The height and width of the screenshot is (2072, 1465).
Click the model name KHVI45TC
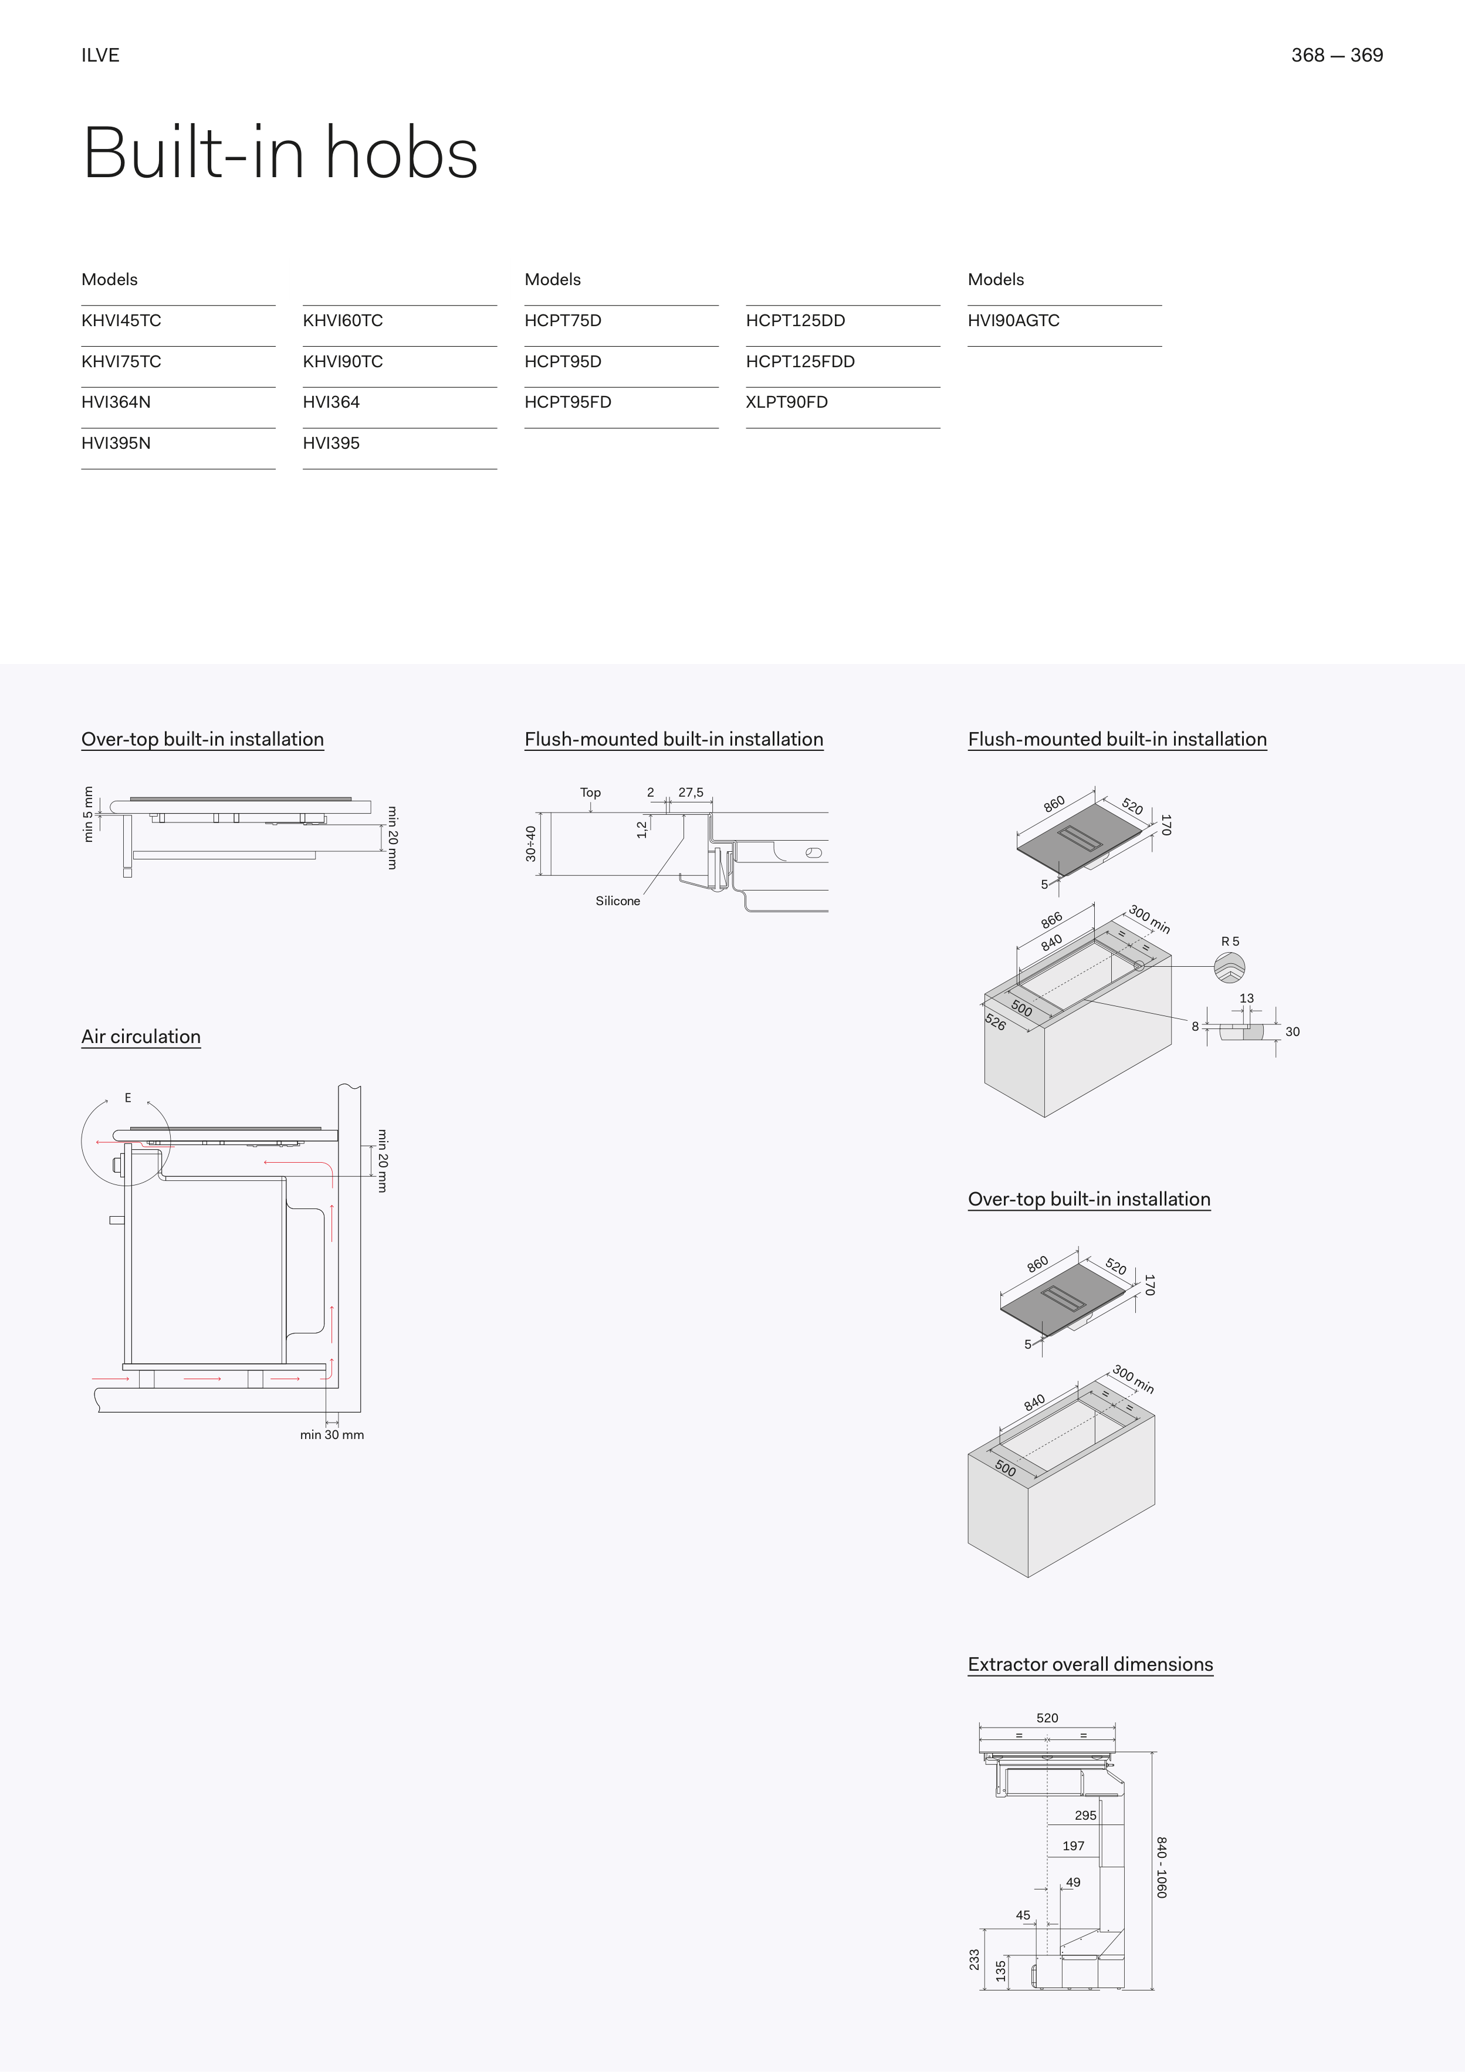(x=121, y=320)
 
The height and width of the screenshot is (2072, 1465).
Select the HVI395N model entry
(x=116, y=443)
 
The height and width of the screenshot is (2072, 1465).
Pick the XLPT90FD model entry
(x=786, y=402)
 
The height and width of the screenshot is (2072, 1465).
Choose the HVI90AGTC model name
(x=1013, y=320)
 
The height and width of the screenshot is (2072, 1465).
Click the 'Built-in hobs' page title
(x=280, y=154)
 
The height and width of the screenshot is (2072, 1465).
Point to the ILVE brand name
(x=100, y=55)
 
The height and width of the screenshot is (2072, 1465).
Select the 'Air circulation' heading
(x=141, y=1036)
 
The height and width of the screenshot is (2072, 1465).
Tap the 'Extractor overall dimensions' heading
(x=1090, y=1664)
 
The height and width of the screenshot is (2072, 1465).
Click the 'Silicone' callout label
(x=617, y=900)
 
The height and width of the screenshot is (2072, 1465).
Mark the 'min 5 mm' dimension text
(x=87, y=814)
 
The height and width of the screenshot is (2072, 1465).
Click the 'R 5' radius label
(x=1229, y=941)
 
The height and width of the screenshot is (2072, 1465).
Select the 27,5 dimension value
(x=691, y=793)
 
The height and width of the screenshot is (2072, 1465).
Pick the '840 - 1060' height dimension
(x=1162, y=1867)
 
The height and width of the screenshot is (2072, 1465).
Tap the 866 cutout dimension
(x=1051, y=920)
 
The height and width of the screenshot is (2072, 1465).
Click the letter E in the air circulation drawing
(x=128, y=1098)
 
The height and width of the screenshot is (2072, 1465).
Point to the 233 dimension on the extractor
(x=974, y=1959)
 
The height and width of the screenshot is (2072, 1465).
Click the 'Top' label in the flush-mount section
(x=590, y=793)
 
